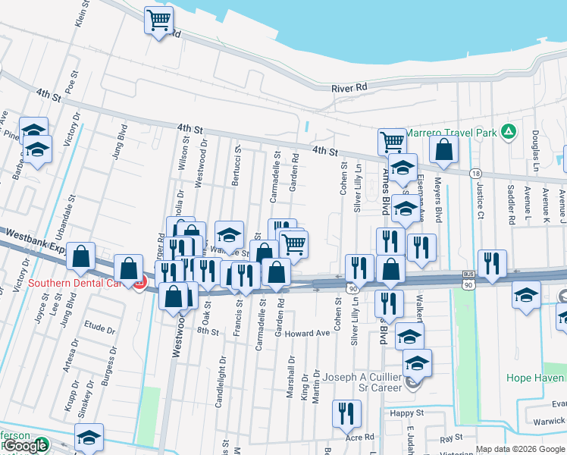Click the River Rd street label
click(349, 88)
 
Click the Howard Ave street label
click(308, 333)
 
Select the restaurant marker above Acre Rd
click(346, 414)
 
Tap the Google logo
click(24, 446)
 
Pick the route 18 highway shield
click(475, 174)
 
